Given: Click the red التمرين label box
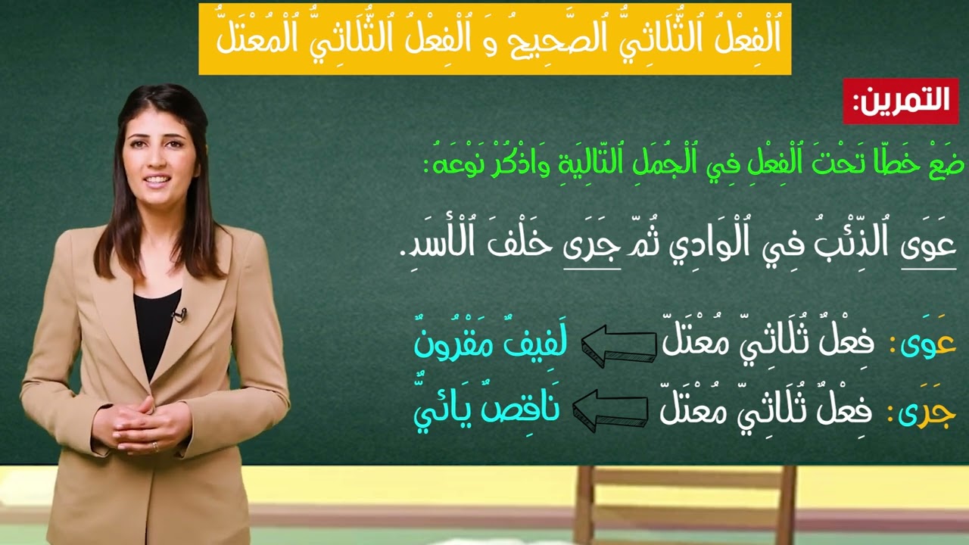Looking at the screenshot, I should pyautogui.click(x=901, y=101).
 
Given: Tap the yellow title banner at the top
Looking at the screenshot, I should pyautogui.click(x=494, y=39).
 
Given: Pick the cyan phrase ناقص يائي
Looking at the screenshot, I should pyautogui.click(x=485, y=410).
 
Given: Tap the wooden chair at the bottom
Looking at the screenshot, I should pyautogui.click(x=685, y=503).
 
